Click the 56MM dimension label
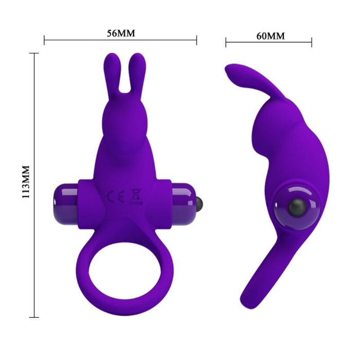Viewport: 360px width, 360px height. pyautogui.click(x=120, y=33)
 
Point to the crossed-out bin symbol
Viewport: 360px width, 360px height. pyautogui.click(x=136, y=195)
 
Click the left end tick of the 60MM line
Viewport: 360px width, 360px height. pyautogui.click(x=226, y=42)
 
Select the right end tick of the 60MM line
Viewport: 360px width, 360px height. pyautogui.click(x=312, y=42)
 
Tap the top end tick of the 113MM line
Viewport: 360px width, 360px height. pyautogui.click(x=34, y=53)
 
